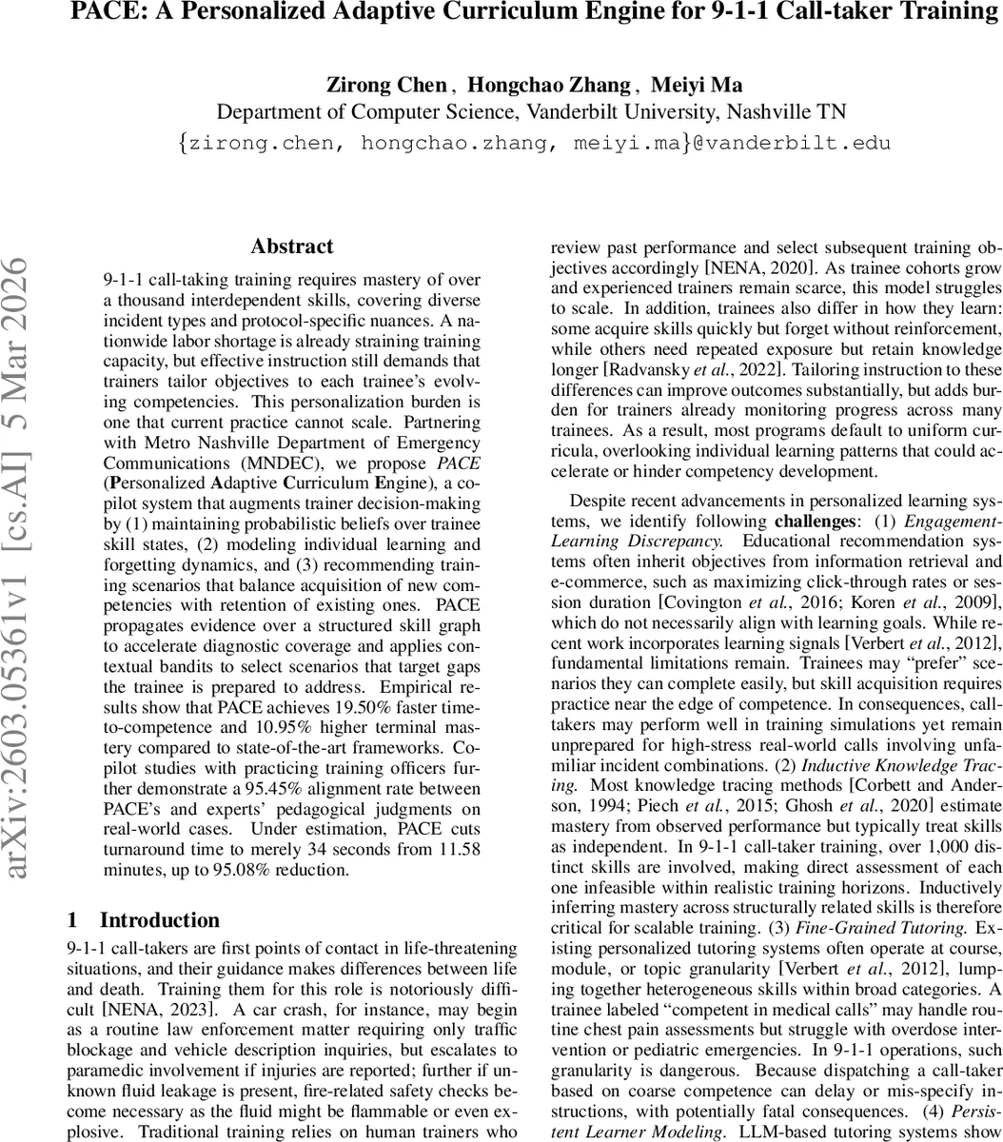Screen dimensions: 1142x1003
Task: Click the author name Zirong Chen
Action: click(386, 85)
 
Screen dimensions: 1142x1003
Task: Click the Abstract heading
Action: click(292, 246)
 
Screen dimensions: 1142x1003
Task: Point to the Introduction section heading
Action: click(159, 919)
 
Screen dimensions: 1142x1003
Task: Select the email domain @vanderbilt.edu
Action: click(797, 143)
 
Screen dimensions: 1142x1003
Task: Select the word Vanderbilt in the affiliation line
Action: click(573, 112)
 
